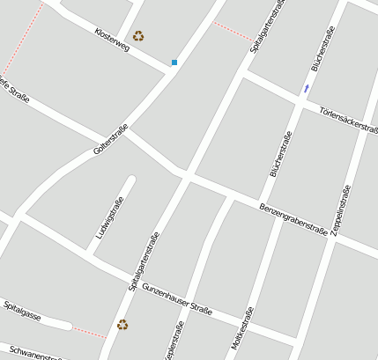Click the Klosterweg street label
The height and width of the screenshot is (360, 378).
(x=111, y=39)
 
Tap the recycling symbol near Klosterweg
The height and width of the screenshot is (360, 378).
(x=138, y=36)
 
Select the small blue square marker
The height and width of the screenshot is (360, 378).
(x=174, y=62)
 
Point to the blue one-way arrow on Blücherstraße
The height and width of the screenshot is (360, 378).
(x=307, y=88)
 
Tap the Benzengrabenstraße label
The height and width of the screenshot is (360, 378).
(x=293, y=217)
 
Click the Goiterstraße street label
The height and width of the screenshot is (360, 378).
(x=110, y=141)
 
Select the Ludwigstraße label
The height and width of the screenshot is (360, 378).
(x=109, y=218)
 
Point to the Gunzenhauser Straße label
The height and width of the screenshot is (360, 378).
(x=177, y=298)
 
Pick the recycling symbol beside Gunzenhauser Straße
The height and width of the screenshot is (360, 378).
(x=122, y=324)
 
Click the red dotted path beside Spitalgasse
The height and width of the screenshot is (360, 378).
(x=88, y=331)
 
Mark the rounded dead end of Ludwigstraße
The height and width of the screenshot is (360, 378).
(x=130, y=181)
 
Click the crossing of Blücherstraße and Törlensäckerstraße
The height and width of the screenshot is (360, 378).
(x=300, y=99)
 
